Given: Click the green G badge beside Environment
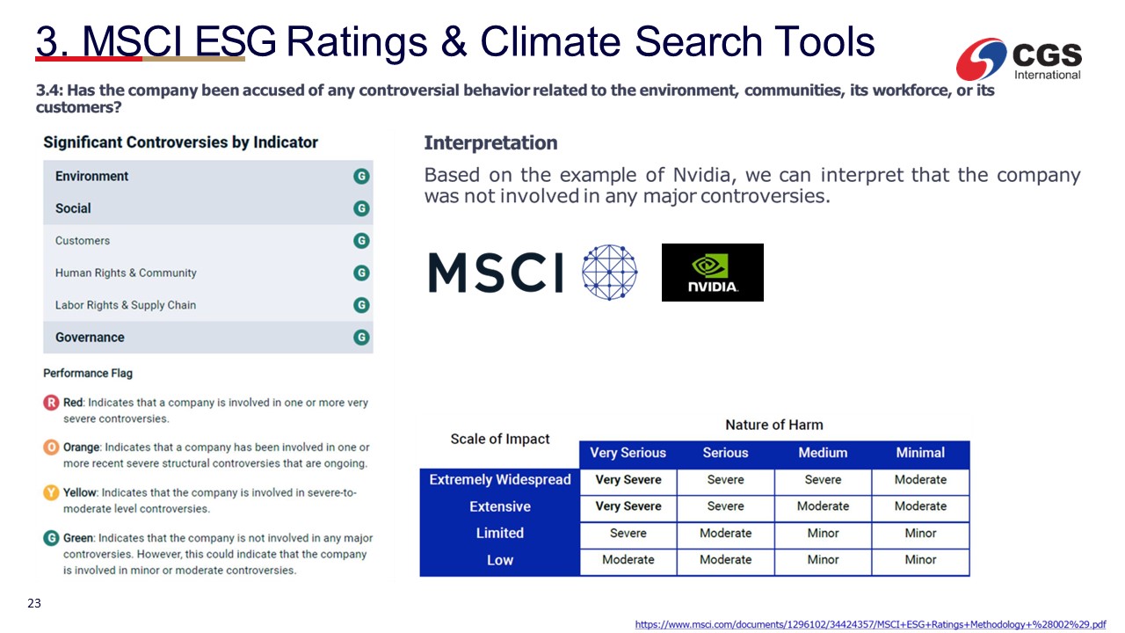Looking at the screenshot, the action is (361, 177).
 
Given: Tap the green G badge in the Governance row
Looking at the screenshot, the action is (361, 337).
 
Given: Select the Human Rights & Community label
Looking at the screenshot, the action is (126, 273).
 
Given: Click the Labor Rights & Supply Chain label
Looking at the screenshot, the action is (126, 305).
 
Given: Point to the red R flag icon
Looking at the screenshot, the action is (51, 403).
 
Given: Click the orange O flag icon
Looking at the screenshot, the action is (51, 447).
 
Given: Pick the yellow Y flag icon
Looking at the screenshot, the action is (51, 492).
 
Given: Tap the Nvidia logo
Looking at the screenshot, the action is (712, 273).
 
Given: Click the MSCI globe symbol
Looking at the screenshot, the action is (610, 273).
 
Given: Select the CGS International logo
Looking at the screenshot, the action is (1019, 59).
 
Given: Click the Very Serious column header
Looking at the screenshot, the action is (628, 453).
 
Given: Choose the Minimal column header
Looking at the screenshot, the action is (920, 453).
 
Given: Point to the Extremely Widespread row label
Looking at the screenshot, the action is (500, 479).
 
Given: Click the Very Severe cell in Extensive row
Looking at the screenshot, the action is (628, 506).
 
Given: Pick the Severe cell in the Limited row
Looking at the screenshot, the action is (628, 533).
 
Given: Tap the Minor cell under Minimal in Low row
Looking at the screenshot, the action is (920, 560).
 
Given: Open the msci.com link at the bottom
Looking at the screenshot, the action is (870, 624).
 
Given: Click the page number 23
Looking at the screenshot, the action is (34, 603).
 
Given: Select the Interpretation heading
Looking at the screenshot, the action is (490, 142).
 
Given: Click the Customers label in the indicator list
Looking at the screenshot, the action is (83, 241).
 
